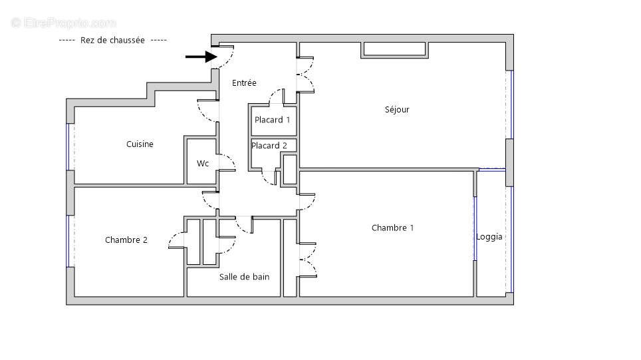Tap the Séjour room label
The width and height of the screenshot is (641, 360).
(x=397, y=110)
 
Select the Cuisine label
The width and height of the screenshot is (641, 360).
(x=140, y=144)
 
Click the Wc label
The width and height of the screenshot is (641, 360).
(x=202, y=163)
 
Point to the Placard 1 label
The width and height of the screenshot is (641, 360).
(x=273, y=120)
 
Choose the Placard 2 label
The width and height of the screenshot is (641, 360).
(x=269, y=146)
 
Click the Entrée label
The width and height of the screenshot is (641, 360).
(x=244, y=83)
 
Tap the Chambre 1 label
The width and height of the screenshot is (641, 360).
(x=392, y=228)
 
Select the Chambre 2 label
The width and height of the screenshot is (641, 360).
(x=126, y=240)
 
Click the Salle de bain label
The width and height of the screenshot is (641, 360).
(x=244, y=277)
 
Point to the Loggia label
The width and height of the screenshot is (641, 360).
(x=489, y=237)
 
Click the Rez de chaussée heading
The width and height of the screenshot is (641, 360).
(x=112, y=40)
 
